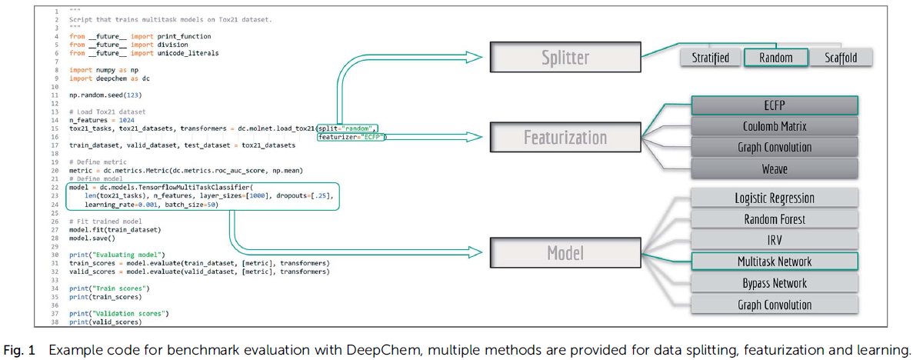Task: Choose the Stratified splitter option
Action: (711, 58)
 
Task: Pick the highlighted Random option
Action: (776, 58)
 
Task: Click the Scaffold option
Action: (841, 58)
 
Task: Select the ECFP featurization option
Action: (775, 106)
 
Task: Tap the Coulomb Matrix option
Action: (775, 126)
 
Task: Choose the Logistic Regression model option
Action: (775, 198)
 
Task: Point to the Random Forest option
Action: (775, 219)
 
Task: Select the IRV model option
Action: (775, 240)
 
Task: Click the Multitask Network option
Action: (775, 261)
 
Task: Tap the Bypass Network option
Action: (775, 282)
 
